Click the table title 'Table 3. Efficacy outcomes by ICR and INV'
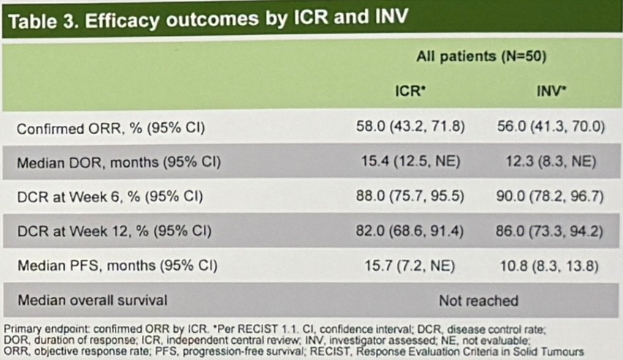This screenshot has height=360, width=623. (x=208, y=19)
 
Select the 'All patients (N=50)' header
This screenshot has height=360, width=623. (x=481, y=56)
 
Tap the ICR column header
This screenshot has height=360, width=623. (x=410, y=91)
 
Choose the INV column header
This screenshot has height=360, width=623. (x=551, y=91)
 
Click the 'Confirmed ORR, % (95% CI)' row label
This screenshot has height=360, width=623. (x=111, y=129)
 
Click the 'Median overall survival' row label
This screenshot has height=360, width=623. (x=92, y=300)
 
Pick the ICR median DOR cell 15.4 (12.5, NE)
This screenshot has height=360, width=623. (x=410, y=162)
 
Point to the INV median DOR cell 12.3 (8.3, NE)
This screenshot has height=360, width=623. (x=551, y=162)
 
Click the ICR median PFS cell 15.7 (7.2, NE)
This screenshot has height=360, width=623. (x=409, y=266)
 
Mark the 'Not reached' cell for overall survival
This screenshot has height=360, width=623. (x=478, y=301)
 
